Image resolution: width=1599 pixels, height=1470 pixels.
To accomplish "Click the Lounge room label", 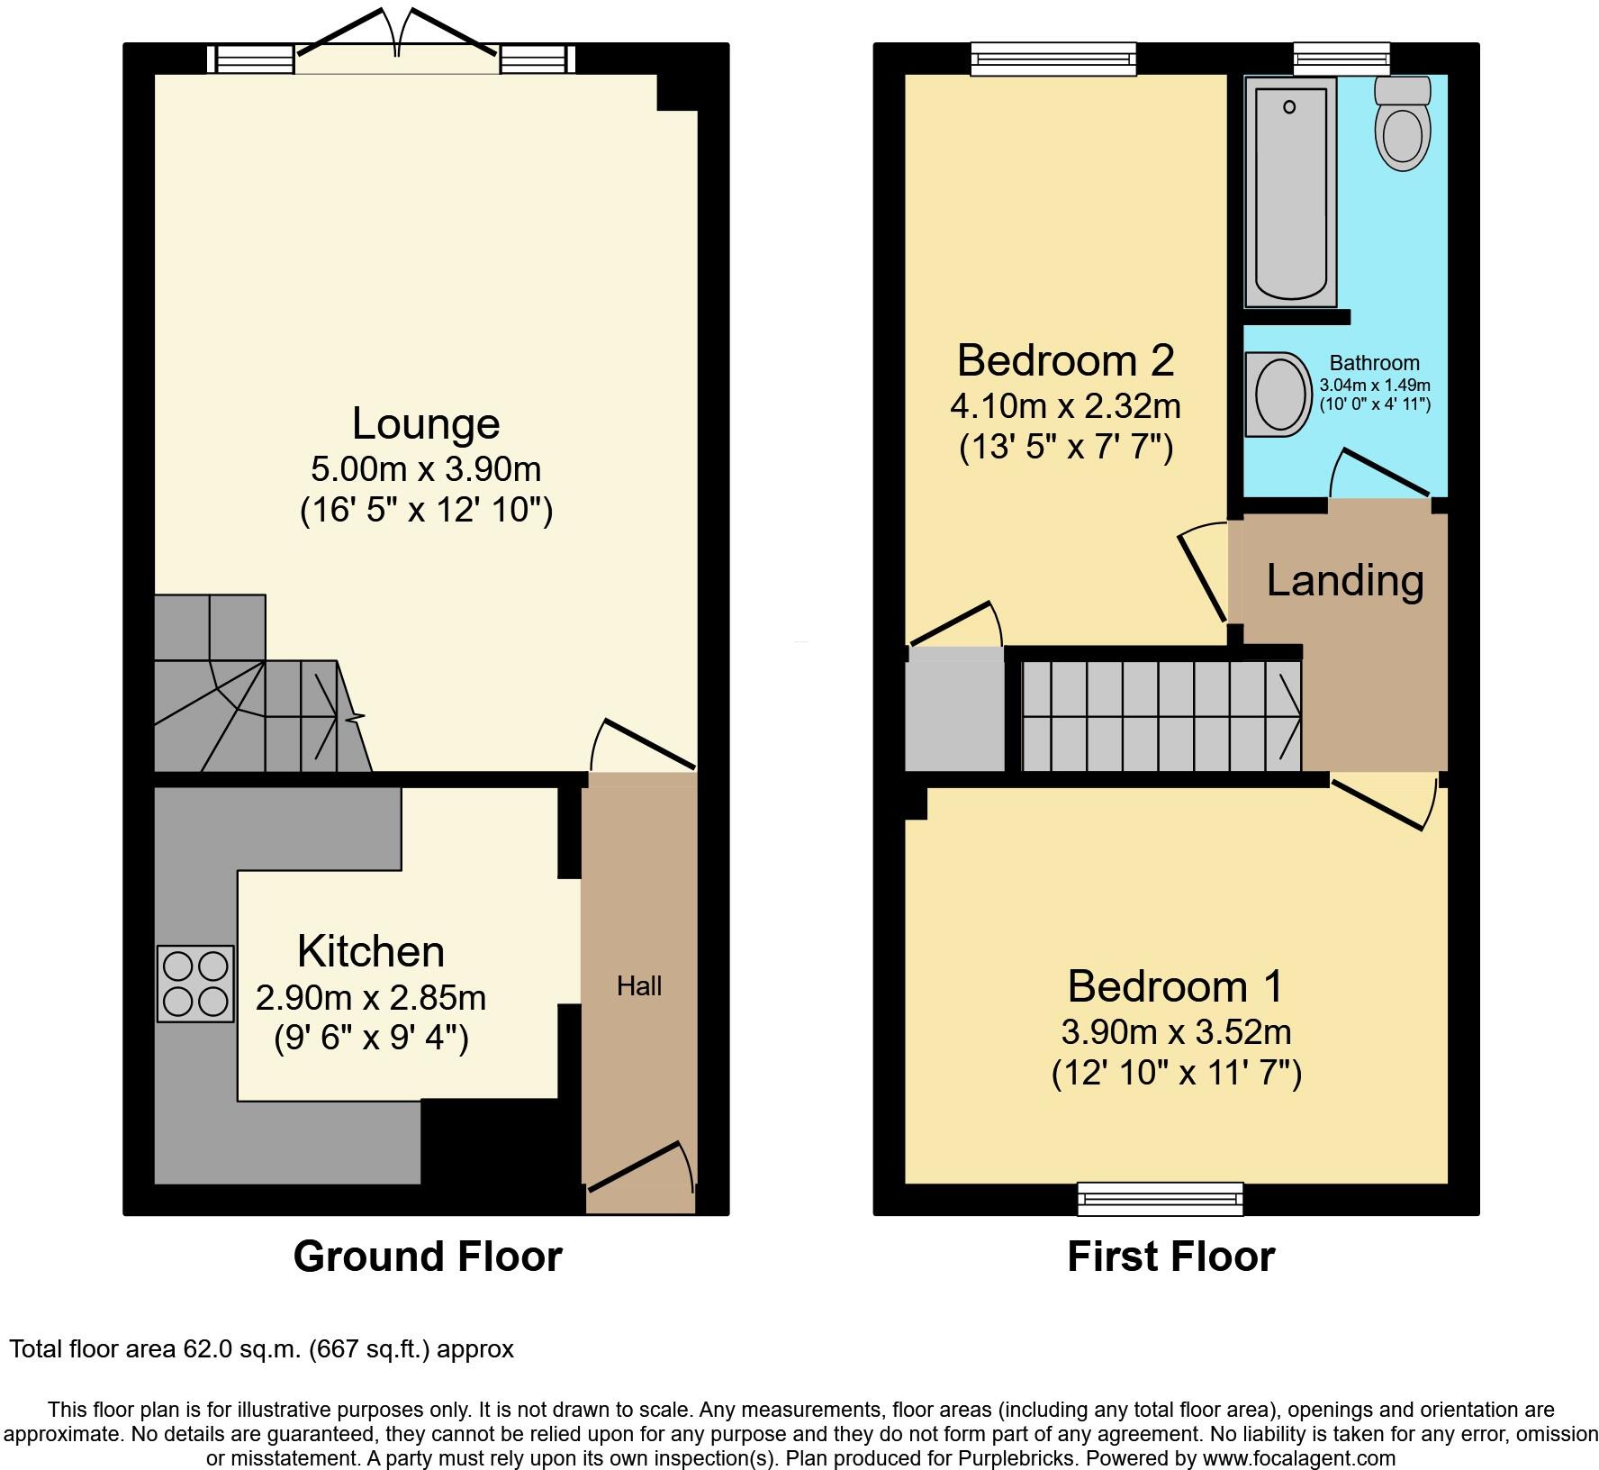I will (425, 423).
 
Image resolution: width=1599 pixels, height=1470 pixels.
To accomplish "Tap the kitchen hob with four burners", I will (195, 983).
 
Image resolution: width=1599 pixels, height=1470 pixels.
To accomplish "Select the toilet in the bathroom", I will (1403, 126).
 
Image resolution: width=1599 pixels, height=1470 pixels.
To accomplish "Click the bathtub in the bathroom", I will (1289, 191).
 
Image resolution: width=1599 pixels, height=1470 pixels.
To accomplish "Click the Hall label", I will (639, 986).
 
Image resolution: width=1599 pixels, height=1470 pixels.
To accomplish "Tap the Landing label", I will (1344, 580).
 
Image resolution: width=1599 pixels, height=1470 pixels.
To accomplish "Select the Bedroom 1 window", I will (1161, 1199).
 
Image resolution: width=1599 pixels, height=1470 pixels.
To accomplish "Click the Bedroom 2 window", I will (1052, 59).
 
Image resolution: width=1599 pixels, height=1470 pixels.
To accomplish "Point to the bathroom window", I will (1342, 59).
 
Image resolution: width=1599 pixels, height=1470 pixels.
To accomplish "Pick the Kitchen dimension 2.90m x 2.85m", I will (371, 998).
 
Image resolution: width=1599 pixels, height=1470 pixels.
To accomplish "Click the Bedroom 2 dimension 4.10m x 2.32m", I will (1065, 406).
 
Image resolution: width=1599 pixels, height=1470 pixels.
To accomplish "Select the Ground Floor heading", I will (428, 1257).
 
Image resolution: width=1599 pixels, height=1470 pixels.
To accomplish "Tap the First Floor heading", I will (1170, 1257).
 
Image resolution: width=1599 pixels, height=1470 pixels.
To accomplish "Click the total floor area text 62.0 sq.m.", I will (261, 1349).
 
